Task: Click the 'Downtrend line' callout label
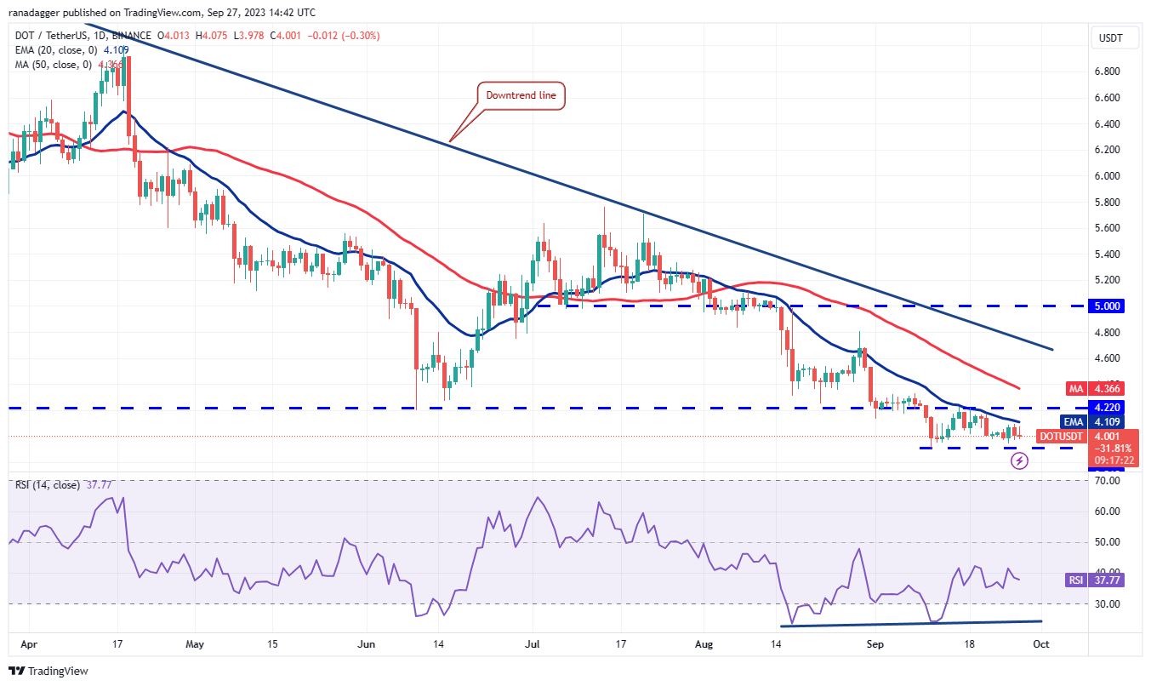[521, 95]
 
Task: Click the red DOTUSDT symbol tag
[1061, 437]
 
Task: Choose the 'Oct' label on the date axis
[1040, 645]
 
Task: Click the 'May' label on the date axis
[196, 645]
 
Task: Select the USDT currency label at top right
[1111, 37]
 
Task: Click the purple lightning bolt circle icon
[1019, 461]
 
